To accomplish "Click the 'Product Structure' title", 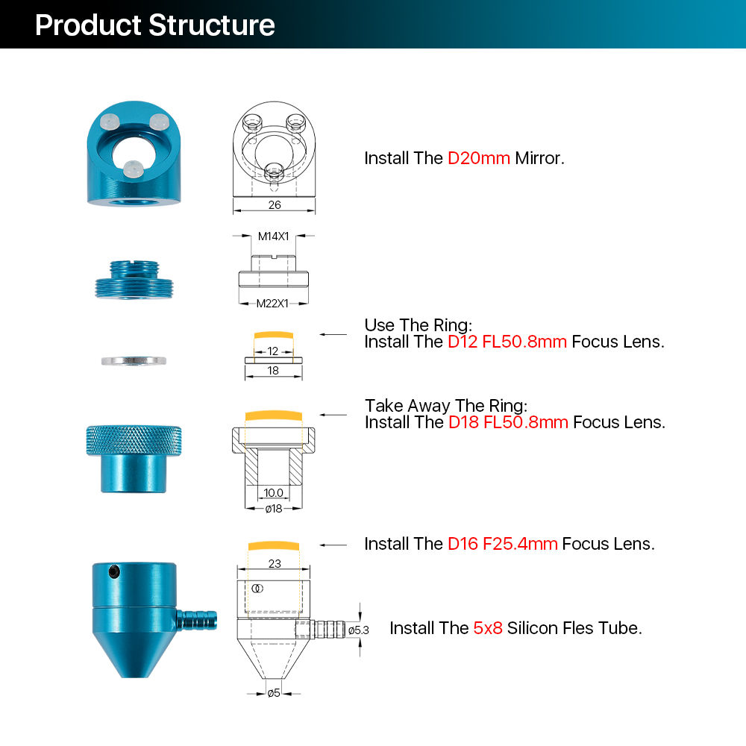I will pyautogui.click(x=155, y=25).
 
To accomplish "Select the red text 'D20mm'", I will pyautogui.click(x=479, y=158).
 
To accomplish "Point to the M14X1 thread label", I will pyautogui.click(x=273, y=236).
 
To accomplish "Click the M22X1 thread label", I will pyautogui.click(x=272, y=303).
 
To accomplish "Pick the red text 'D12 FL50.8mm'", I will pyautogui.click(x=507, y=342).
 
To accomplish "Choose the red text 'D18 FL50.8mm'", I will pyautogui.click(x=508, y=422).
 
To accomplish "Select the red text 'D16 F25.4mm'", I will pyautogui.click(x=502, y=544).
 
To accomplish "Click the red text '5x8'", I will pyautogui.click(x=488, y=628).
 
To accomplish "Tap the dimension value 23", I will pyautogui.click(x=275, y=564).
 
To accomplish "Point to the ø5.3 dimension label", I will pyautogui.click(x=359, y=630).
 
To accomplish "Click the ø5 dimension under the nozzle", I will pyautogui.click(x=274, y=693).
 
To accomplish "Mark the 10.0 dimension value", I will pyautogui.click(x=273, y=492).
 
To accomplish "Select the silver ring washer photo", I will pyautogui.click(x=134, y=360).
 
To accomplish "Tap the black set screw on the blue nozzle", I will pyautogui.click(x=113, y=572).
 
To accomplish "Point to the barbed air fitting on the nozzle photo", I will pyautogui.click(x=198, y=618).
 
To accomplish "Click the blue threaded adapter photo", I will pyautogui.click(x=134, y=280).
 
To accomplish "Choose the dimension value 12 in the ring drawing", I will pyautogui.click(x=273, y=351).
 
